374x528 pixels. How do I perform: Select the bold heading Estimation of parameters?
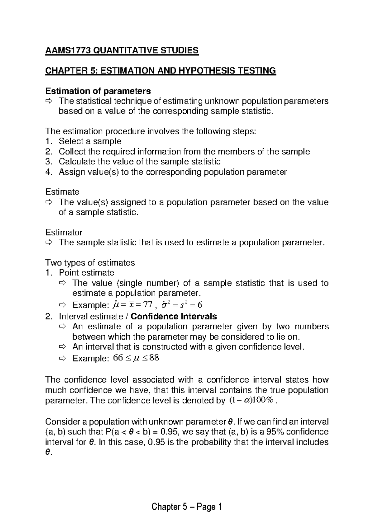[98, 91]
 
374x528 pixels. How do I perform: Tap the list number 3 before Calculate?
[48, 162]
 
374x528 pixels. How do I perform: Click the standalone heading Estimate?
[62, 192]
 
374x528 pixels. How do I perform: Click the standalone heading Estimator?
[64, 232]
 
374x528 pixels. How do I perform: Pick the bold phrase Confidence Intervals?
[174, 317]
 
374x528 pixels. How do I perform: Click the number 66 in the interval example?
[118, 358]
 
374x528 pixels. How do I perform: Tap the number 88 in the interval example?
[154, 358]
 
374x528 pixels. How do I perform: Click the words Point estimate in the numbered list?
[86, 273]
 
